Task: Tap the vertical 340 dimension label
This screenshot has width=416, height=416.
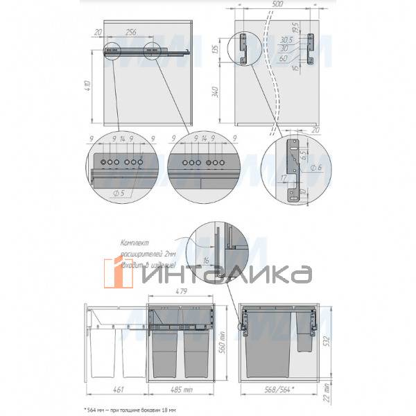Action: (x=215, y=93)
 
